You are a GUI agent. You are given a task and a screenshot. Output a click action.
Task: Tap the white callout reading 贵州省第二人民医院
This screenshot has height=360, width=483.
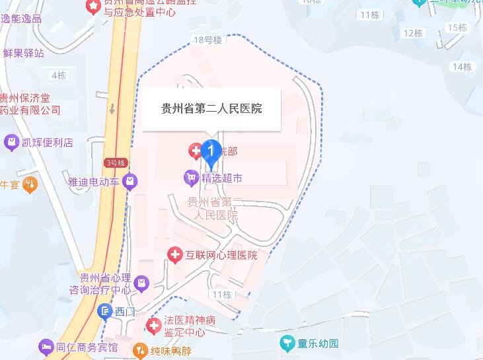[x=212, y=108]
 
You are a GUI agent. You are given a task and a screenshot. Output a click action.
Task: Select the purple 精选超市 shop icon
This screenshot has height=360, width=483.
[x=191, y=177]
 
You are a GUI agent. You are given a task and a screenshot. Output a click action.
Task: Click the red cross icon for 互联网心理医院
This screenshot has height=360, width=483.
[x=174, y=254]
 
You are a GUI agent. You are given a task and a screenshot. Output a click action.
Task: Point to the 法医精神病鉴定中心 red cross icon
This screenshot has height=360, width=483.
[x=154, y=325]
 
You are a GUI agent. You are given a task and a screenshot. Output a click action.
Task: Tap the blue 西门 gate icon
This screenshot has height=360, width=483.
[x=104, y=310]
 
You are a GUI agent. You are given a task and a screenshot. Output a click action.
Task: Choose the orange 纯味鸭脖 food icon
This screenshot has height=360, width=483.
[x=140, y=349]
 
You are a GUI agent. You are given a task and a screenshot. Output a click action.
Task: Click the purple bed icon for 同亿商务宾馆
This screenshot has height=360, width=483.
[x=45, y=346]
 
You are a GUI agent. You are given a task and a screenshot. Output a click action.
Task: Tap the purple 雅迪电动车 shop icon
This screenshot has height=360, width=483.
[x=131, y=180]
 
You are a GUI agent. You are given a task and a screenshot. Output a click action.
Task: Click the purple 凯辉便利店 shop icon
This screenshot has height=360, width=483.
[x=11, y=142]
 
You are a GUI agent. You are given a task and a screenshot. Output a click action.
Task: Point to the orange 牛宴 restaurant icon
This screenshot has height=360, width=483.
[x=29, y=184]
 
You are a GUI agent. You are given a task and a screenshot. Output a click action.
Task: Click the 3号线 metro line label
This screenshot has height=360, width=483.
[x=114, y=162]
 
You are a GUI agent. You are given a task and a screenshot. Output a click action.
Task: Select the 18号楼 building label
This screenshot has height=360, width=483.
[x=207, y=40]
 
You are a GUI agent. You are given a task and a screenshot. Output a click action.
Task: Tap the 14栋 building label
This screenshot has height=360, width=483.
[x=462, y=67]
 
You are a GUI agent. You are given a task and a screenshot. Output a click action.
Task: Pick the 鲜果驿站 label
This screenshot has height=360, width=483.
[x=24, y=53]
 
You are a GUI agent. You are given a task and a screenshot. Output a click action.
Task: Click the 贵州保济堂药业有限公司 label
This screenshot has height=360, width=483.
[x=30, y=104]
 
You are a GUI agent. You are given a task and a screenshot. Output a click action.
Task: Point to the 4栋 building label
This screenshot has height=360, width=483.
[x=59, y=75]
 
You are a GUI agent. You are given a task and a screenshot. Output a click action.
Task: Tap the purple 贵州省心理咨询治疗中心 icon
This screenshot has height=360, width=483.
[x=141, y=284]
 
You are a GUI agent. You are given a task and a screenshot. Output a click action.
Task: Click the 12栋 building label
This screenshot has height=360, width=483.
[x=413, y=33]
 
